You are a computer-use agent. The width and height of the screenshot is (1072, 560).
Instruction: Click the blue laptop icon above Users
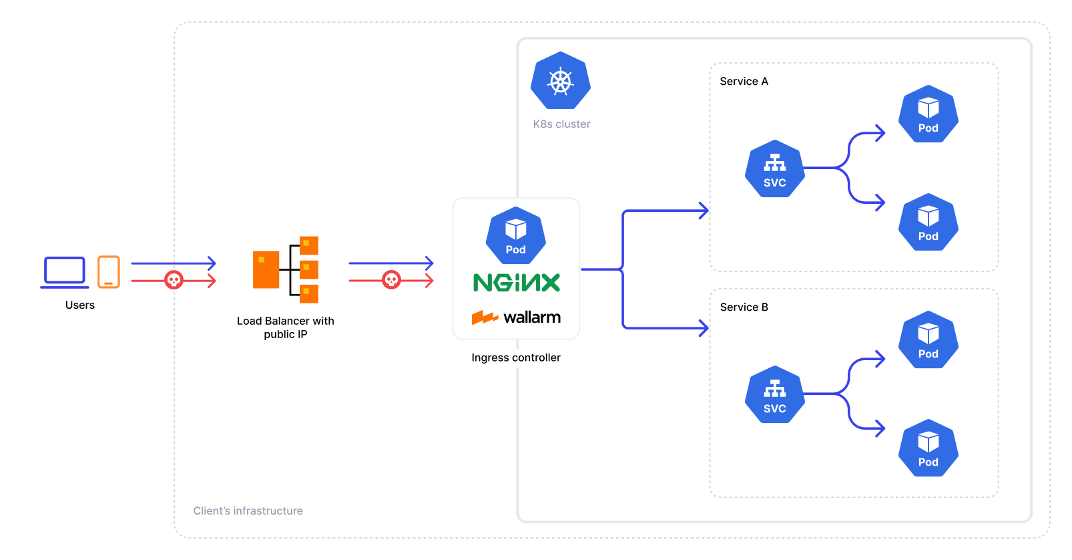coord(65,272)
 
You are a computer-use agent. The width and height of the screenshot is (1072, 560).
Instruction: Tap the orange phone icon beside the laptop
coord(109,272)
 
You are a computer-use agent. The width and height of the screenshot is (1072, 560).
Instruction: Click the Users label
coord(80,305)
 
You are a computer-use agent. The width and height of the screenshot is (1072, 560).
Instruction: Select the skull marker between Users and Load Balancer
coord(174,280)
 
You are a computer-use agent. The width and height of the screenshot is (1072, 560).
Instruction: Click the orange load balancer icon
coord(286,269)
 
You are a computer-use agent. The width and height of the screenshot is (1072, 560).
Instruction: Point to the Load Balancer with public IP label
coord(286,327)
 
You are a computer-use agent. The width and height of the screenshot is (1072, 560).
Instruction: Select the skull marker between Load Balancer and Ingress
coord(391,280)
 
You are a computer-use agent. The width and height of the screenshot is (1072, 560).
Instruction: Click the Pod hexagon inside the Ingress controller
coord(515,236)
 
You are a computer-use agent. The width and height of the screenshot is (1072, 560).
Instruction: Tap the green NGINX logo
coord(517,283)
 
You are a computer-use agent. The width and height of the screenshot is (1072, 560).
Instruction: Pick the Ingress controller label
coord(516,358)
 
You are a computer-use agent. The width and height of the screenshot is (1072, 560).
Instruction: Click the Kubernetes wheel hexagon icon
coord(561,82)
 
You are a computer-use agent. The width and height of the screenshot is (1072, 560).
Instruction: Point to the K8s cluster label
coord(561,124)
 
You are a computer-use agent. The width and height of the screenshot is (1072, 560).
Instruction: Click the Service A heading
coord(744,82)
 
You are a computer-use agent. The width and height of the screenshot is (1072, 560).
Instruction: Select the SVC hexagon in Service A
coord(774,169)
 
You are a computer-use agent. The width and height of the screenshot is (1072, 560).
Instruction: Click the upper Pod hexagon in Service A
coord(928,114)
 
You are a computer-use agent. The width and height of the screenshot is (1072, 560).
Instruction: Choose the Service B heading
coord(744,307)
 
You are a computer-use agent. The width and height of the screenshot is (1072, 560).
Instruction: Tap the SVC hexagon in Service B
coord(774,395)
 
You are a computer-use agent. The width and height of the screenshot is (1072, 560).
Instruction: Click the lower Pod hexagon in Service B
coord(928,448)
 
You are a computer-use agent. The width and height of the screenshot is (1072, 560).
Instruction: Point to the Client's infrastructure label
coord(248,511)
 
